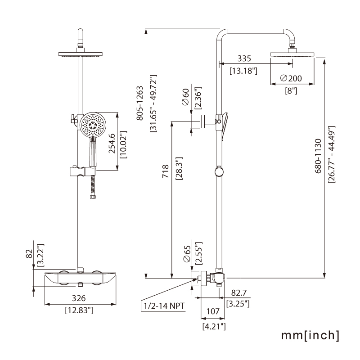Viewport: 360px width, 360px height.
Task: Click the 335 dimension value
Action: click(244, 58)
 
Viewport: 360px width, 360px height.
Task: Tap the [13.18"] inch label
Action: click(243, 71)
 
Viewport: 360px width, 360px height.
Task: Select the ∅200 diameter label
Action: click(291, 78)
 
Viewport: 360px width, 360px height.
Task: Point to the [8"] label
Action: click(291, 90)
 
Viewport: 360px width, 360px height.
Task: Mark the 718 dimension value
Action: click(166, 172)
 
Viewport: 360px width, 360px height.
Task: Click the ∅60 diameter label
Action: click(185, 97)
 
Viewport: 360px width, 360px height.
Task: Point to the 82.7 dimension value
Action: click(238, 293)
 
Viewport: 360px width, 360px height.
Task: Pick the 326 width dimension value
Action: click(79, 298)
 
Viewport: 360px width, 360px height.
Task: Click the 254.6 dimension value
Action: click(112, 143)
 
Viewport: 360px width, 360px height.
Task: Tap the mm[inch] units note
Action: click(310, 335)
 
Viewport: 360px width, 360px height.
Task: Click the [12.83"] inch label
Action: click(79, 310)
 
